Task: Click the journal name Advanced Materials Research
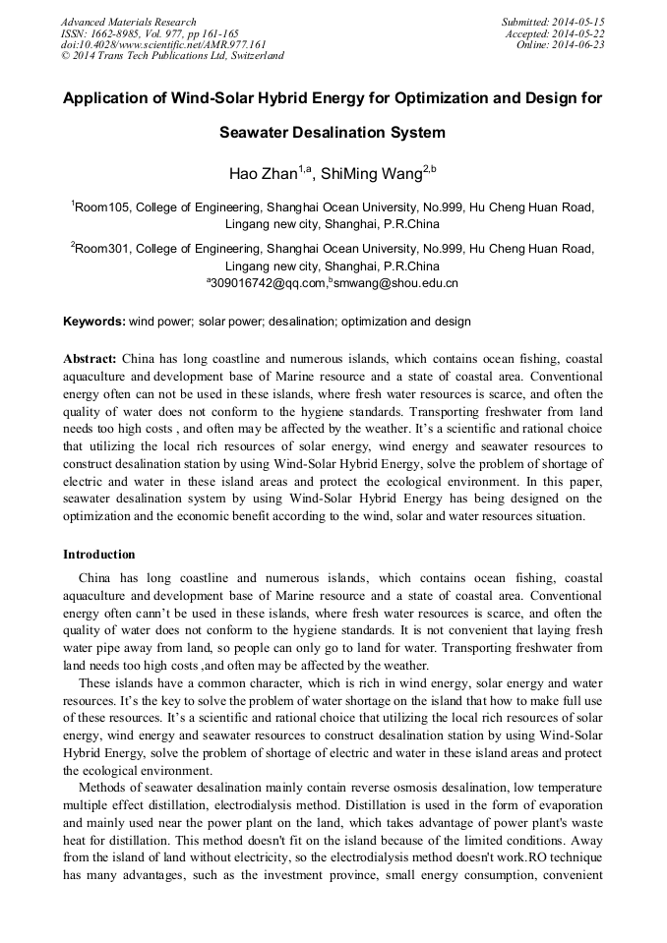(x=128, y=22)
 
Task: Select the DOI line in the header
(x=163, y=44)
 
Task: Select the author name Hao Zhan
(x=264, y=175)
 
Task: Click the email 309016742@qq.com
(x=266, y=283)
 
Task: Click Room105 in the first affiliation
(x=102, y=207)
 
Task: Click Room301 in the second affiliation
(x=102, y=249)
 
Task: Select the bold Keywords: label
(x=94, y=322)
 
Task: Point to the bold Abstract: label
(x=91, y=360)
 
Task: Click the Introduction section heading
(x=99, y=555)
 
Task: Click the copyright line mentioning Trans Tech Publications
(x=172, y=56)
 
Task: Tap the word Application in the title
(x=110, y=99)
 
